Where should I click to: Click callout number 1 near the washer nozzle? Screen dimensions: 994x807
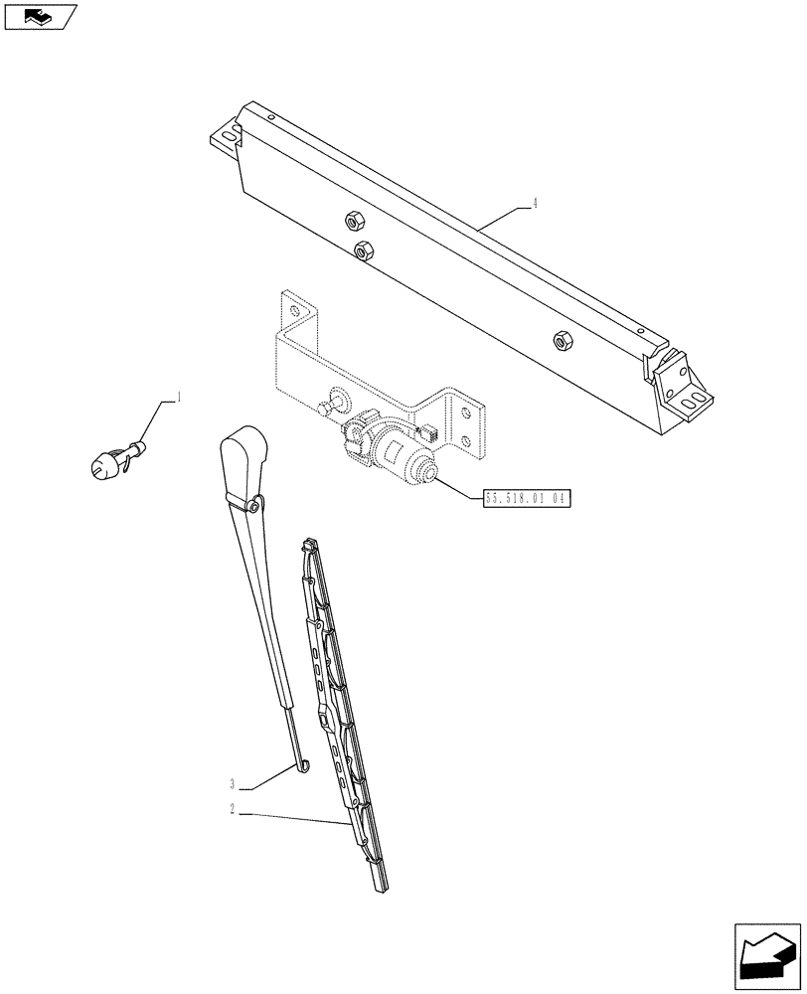[178, 399]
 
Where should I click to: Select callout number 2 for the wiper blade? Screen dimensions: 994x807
[231, 810]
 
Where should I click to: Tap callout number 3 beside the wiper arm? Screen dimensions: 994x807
[231, 783]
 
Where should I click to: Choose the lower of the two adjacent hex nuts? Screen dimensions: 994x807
[363, 250]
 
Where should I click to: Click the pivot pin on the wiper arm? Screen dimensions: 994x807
[255, 507]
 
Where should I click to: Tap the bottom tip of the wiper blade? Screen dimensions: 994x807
[383, 884]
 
